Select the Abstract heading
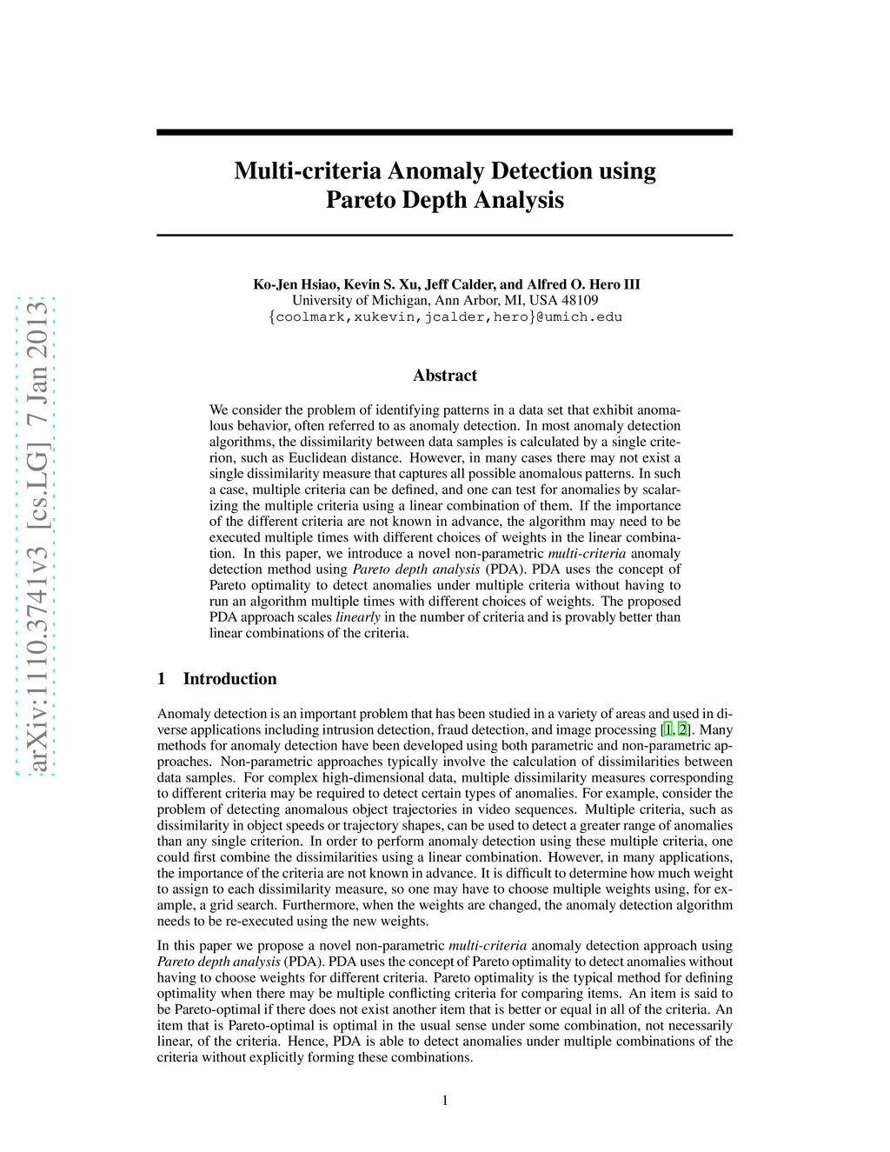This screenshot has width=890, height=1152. (x=445, y=376)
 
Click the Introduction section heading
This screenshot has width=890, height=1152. (x=229, y=679)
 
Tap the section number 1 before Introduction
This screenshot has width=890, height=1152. (x=162, y=679)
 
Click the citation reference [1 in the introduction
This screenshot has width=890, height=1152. (x=666, y=729)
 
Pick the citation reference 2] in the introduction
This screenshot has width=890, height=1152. (x=684, y=729)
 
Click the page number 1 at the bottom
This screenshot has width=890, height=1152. (x=445, y=1101)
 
